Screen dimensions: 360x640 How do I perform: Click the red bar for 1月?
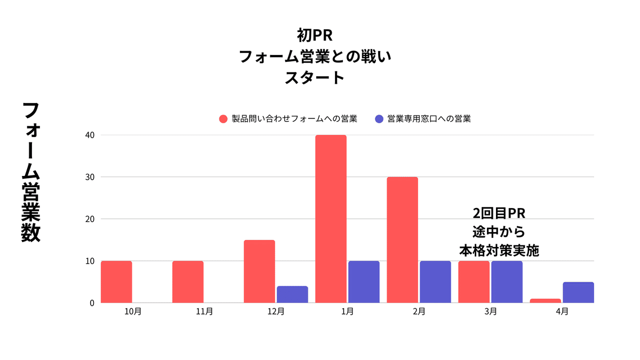pos(331,219)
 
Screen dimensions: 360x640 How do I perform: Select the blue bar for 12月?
pos(292,294)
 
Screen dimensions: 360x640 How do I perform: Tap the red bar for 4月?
pos(545,301)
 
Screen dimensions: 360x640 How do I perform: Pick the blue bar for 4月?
pos(578,292)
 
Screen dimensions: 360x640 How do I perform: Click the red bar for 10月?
pos(116,282)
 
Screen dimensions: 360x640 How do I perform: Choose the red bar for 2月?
pos(402,240)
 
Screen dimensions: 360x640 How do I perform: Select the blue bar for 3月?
pos(507,282)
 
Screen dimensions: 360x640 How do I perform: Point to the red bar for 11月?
pos(188,282)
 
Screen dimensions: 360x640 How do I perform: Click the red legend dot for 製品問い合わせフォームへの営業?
pos(223,119)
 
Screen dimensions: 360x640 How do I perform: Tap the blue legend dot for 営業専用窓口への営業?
pos(379,119)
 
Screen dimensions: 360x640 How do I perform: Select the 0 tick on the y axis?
pos(92,303)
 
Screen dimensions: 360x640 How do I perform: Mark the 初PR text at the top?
pos(315,36)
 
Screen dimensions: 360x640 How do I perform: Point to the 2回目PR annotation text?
pos(499,213)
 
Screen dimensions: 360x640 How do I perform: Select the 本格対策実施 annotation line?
pos(499,250)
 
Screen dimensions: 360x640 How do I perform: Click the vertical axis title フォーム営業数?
pos(31,172)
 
